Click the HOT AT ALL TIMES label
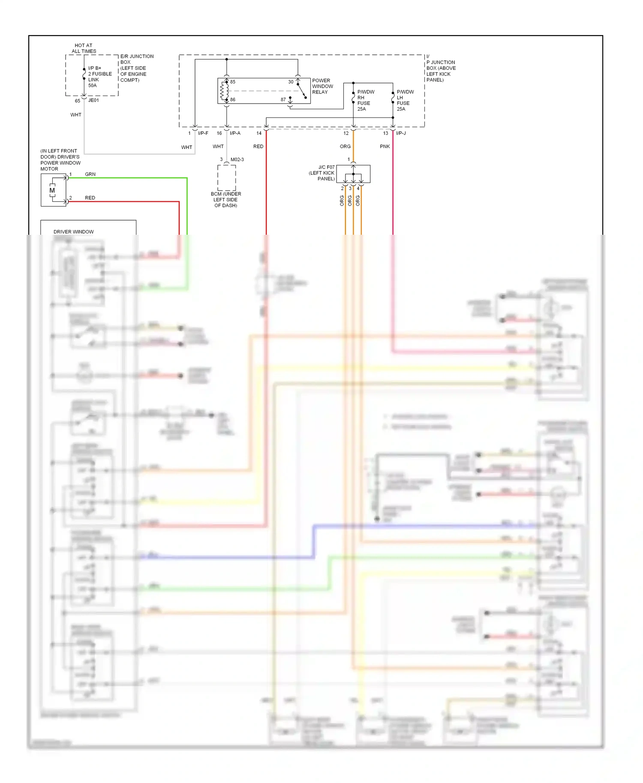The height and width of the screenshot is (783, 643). point(84,48)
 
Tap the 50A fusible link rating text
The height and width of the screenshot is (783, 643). point(92,85)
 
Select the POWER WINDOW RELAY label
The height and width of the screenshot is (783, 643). point(322,86)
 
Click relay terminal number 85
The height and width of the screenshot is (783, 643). point(233,82)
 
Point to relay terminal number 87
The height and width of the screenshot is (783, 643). point(283,99)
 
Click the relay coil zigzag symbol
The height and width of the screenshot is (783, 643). point(222,91)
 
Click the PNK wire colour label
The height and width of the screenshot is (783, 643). point(385,146)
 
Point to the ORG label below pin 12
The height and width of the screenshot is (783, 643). point(345,146)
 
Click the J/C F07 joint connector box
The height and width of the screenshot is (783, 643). point(353,174)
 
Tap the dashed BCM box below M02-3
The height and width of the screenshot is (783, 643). point(226,177)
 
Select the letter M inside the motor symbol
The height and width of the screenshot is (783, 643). point(52,190)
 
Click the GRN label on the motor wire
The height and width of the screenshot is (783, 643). point(90,174)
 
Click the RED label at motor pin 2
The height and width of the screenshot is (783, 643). point(90,198)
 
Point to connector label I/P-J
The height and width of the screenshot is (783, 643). point(401,133)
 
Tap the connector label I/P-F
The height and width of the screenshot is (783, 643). point(203,133)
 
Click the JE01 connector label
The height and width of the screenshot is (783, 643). point(93,100)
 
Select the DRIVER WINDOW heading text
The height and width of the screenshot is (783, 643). point(73,232)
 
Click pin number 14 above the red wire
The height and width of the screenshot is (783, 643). point(259,133)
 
